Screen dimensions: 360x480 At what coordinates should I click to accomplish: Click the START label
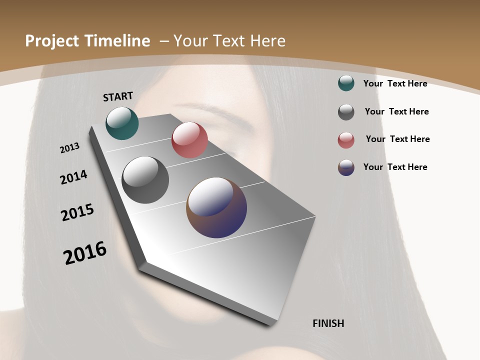coord(118,96)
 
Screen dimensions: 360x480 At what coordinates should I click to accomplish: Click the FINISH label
coord(328,323)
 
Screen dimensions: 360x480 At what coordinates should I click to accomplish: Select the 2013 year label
coord(70,147)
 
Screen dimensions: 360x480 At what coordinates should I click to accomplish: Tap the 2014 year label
coord(74,177)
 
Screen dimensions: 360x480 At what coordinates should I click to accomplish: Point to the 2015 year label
coord(77,212)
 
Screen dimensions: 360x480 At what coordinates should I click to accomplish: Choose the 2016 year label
coord(85,252)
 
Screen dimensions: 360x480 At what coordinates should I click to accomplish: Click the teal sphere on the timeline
coord(122,123)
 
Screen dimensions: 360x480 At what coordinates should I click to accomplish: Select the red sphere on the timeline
coord(189,140)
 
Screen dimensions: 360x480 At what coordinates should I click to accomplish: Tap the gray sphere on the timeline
coord(145,180)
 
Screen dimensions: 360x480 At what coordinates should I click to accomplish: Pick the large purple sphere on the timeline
coord(216,207)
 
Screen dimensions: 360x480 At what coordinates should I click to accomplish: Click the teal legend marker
coord(346,83)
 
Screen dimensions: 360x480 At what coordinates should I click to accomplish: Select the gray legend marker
coord(346,112)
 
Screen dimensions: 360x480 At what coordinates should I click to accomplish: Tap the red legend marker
coord(346,140)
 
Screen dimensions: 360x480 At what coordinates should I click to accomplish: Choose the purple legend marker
coord(346,167)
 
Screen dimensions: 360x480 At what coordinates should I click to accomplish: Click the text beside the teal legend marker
coord(395,83)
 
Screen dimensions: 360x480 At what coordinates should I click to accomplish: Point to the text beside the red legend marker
coord(397,139)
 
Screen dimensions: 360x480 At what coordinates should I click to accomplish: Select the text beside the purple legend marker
coord(395,167)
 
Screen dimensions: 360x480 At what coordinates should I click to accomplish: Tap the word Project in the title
coord(50,41)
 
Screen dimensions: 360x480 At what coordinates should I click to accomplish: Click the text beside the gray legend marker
coord(396,111)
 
